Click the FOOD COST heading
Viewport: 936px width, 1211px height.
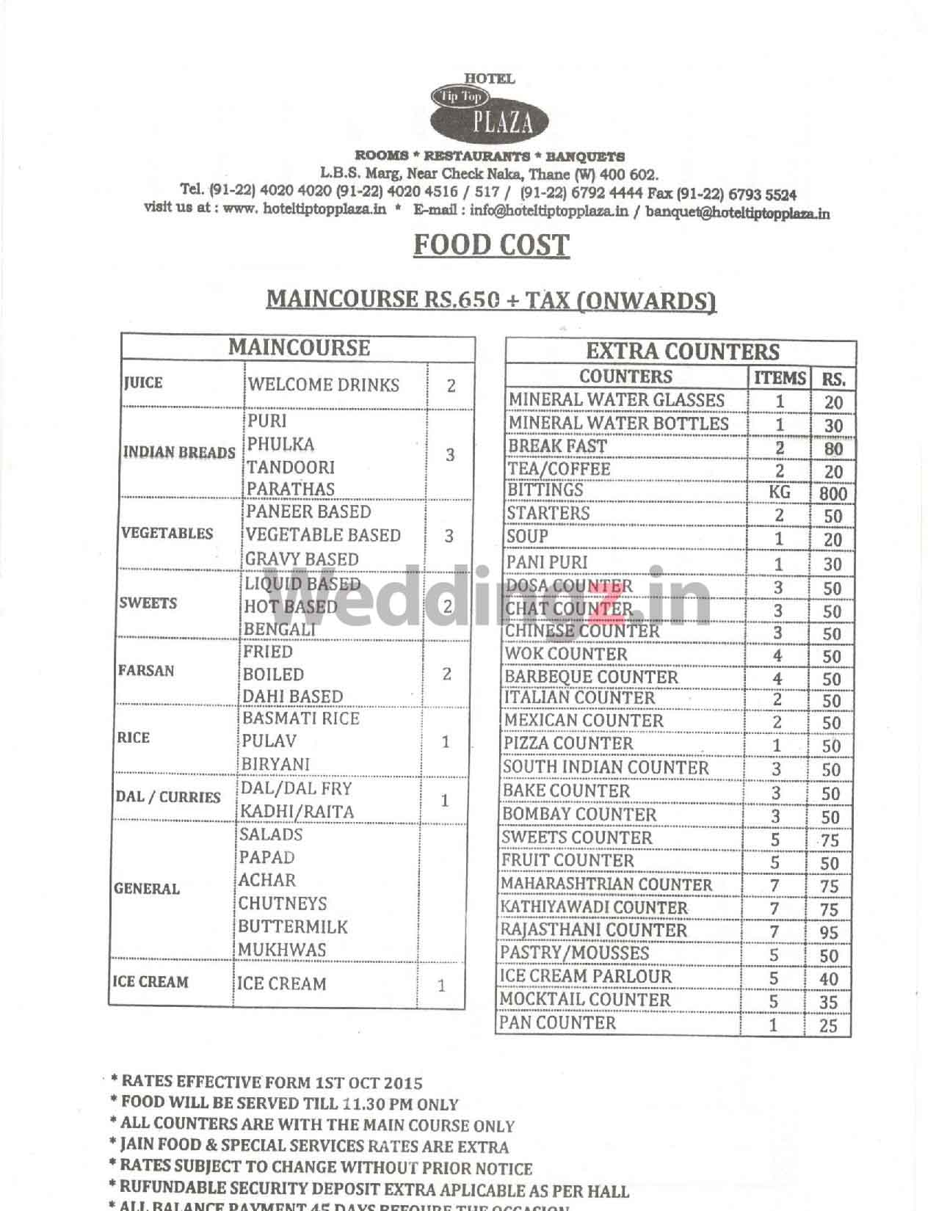click(x=491, y=245)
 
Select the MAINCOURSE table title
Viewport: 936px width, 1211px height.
click(x=299, y=347)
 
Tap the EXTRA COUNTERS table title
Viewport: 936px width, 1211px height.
click(x=682, y=351)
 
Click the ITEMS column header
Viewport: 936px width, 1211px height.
click(x=780, y=378)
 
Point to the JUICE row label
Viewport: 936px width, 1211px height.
click(x=144, y=383)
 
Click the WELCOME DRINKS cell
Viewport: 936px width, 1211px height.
click(x=323, y=385)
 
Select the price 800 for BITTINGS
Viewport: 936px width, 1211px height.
click(x=832, y=493)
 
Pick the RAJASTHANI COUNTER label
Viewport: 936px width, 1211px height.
click(x=593, y=930)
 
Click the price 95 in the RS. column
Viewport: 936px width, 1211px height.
click(x=830, y=933)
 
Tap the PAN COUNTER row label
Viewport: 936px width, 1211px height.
click(x=558, y=1022)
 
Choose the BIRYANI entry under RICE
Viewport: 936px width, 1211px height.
click(x=276, y=764)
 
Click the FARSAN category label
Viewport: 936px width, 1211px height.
click(x=146, y=671)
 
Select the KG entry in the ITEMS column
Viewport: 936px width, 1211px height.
click(x=779, y=492)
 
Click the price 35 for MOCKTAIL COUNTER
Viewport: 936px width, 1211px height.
click(x=829, y=1002)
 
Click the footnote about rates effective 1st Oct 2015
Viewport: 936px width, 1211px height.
click(x=266, y=1082)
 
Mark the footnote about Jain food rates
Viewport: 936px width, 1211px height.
click(x=308, y=1146)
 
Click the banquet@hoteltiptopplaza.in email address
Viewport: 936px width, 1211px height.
click(x=738, y=214)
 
